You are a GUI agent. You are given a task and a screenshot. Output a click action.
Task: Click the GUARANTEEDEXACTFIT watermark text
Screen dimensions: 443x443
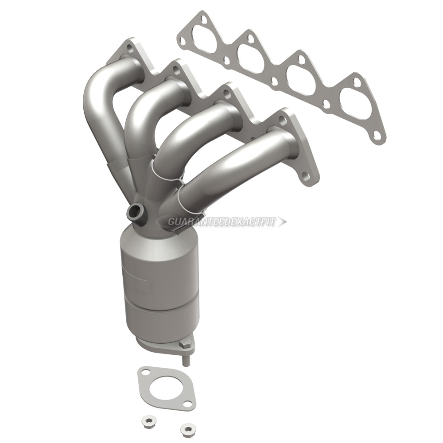click(221, 222)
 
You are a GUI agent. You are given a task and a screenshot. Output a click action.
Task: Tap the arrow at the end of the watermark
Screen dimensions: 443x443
click(282, 222)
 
